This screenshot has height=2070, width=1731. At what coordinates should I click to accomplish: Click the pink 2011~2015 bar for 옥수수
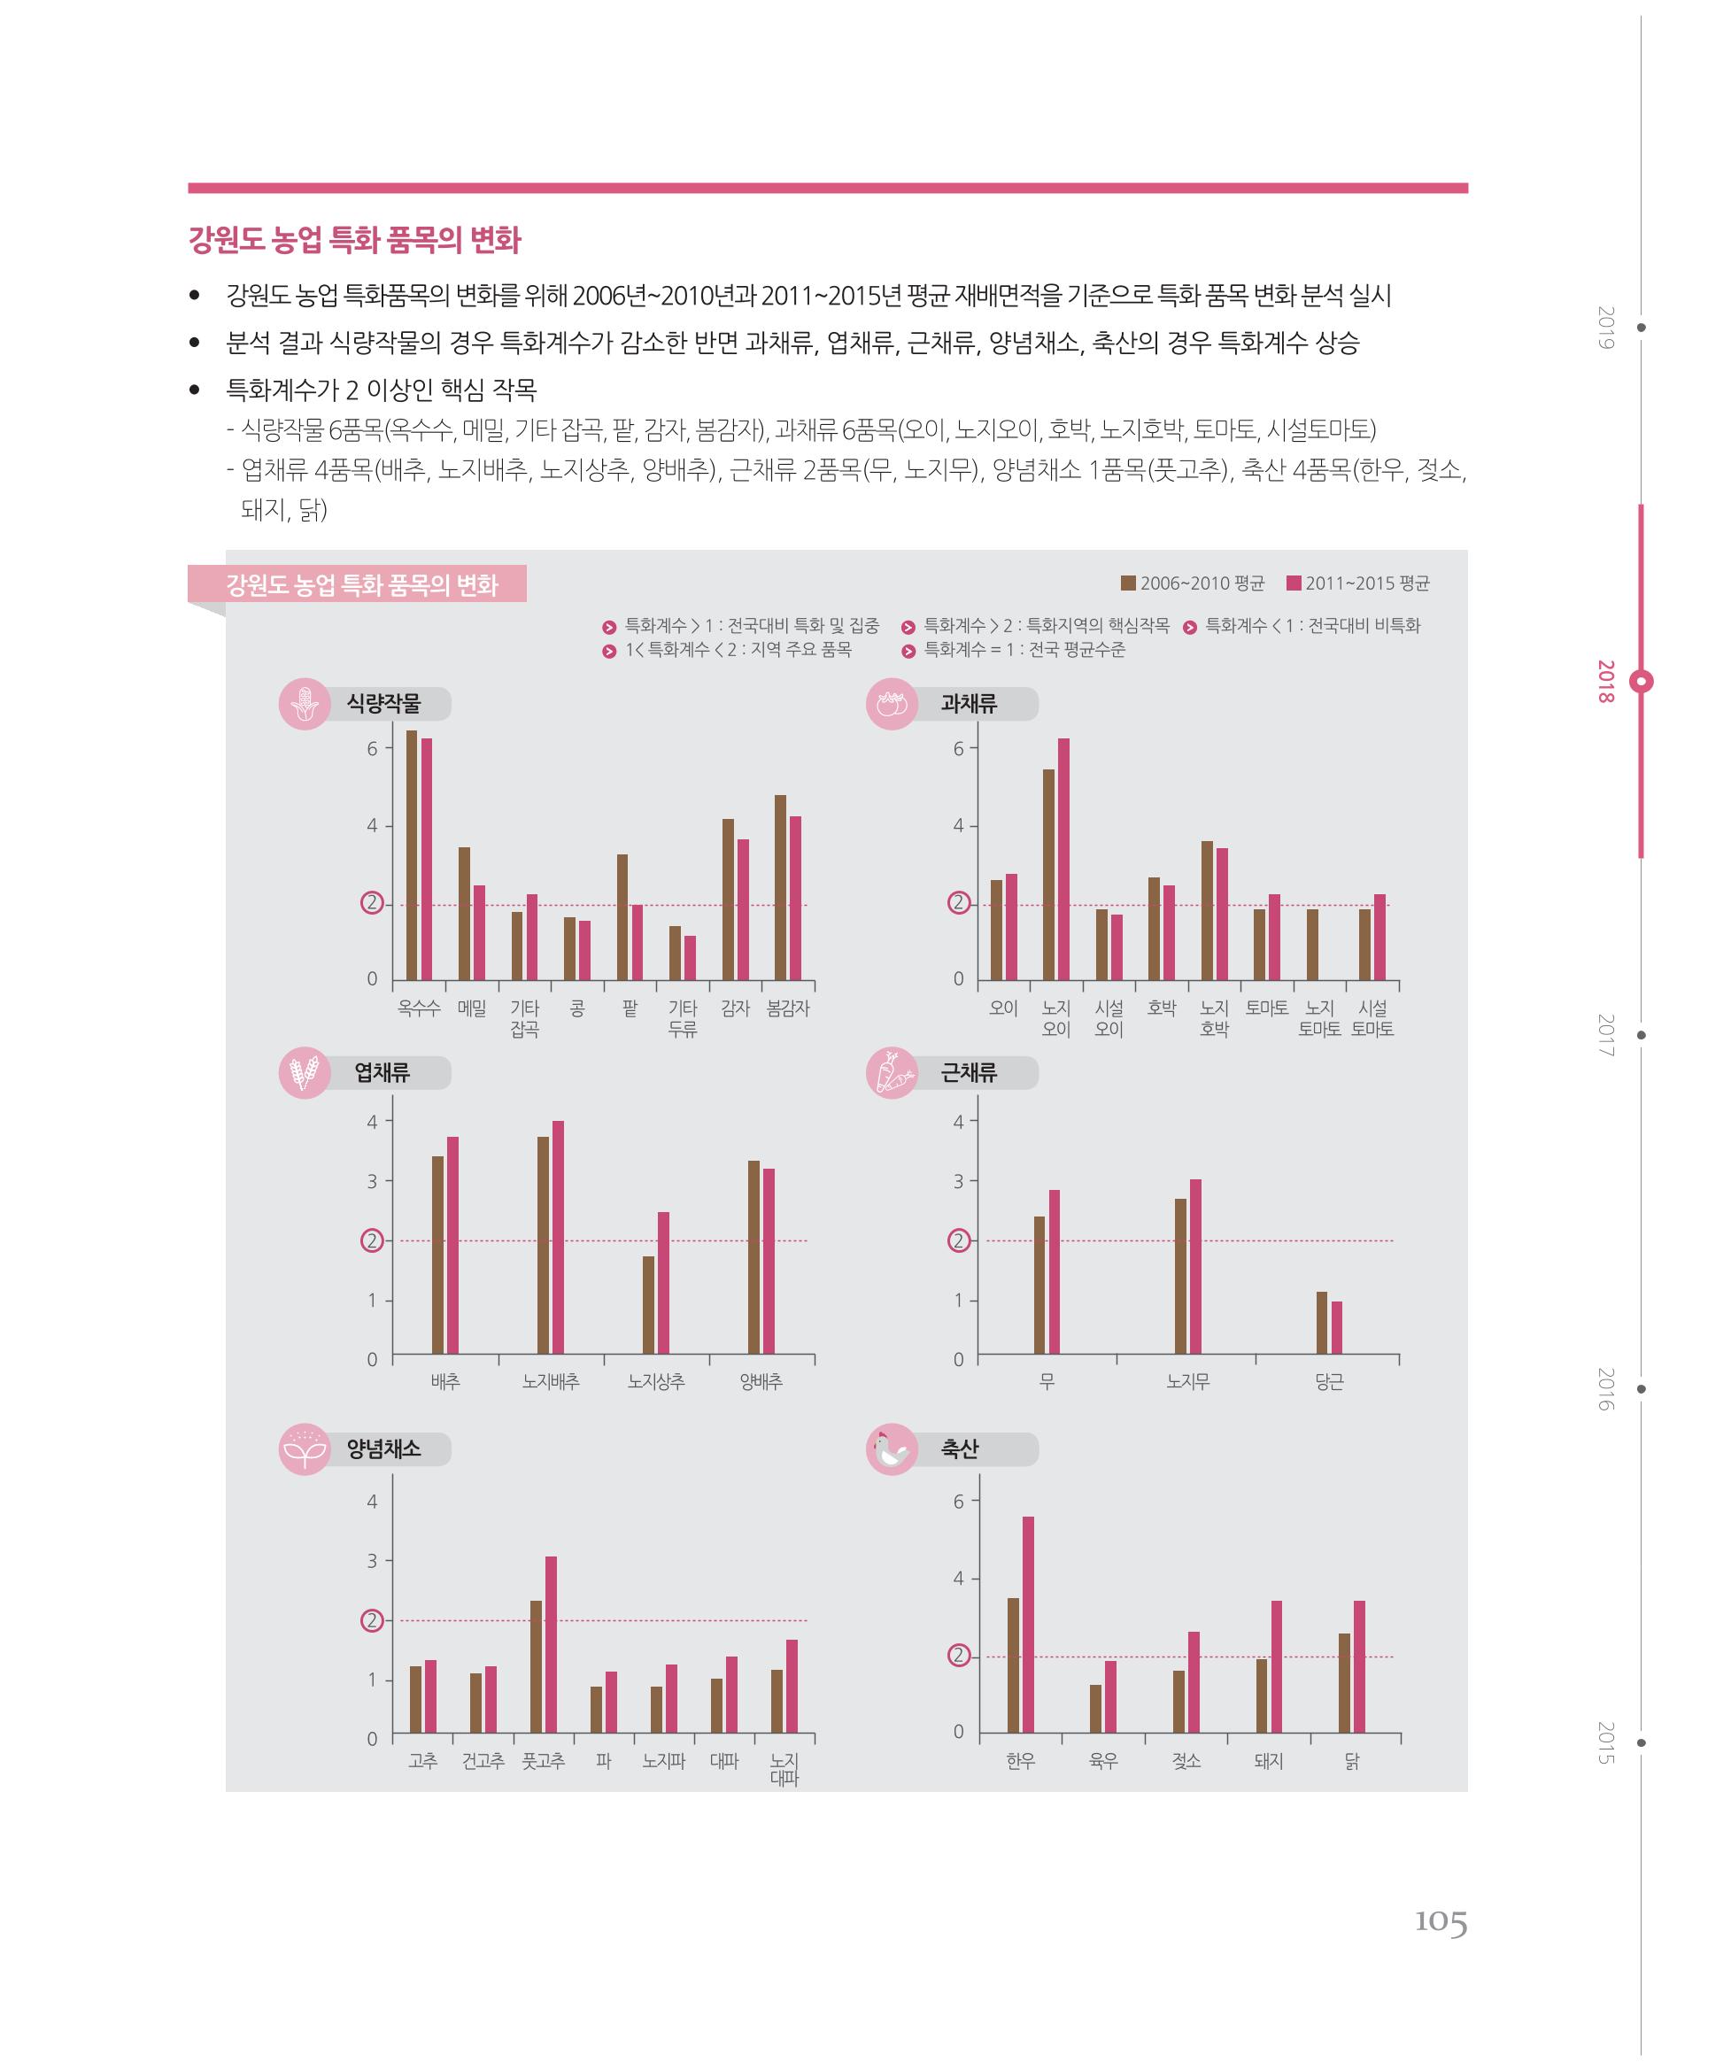(x=427, y=859)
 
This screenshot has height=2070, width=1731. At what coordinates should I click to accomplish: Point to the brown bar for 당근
(x=1322, y=1323)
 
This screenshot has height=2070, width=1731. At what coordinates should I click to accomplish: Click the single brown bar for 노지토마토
(x=1313, y=945)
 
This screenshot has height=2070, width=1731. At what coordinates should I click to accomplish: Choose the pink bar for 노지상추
(x=663, y=1284)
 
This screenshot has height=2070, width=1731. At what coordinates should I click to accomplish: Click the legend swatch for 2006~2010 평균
(x=1129, y=583)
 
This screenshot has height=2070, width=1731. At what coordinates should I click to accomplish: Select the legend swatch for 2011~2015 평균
(x=1294, y=583)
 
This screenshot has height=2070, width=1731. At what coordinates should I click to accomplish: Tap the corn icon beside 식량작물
(x=305, y=704)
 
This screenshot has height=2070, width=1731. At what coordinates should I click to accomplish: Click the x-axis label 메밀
(x=472, y=1008)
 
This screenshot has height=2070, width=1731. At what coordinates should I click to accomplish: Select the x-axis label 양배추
(x=761, y=1382)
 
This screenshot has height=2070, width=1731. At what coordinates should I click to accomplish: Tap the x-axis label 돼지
(x=1269, y=1760)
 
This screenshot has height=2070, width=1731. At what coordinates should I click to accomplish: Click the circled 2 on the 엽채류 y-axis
(x=372, y=1240)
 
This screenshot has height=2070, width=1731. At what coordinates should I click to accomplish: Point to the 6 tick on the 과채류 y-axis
(x=958, y=748)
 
